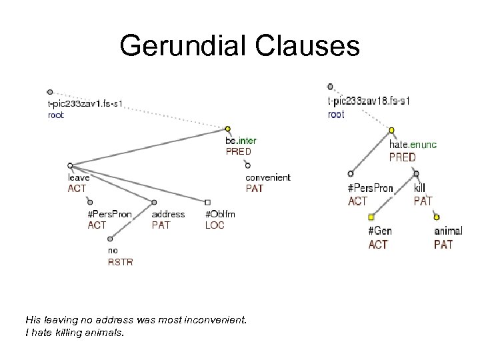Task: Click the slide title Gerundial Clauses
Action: pos(239,46)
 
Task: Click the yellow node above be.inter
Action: pos(227,129)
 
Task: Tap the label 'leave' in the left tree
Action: pos(78,177)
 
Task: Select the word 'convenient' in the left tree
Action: pos(267,177)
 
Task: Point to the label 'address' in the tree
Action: pos(168,214)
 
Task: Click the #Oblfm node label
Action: pos(220,214)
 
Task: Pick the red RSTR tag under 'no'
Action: pos(120,262)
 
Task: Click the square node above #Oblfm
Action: pos(207,202)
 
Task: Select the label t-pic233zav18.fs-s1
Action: pos(369,101)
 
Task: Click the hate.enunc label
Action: pos(413,145)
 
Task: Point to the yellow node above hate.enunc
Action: pos(391,130)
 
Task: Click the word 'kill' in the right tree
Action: pos(419,189)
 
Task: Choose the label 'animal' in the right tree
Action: pos(447,231)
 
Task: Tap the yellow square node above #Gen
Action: pos(371,217)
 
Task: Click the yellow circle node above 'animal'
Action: pos(437,217)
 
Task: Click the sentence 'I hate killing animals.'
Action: pos(74,331)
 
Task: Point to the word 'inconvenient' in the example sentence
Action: pos(219,320)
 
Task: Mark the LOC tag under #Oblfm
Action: pos(215,225)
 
